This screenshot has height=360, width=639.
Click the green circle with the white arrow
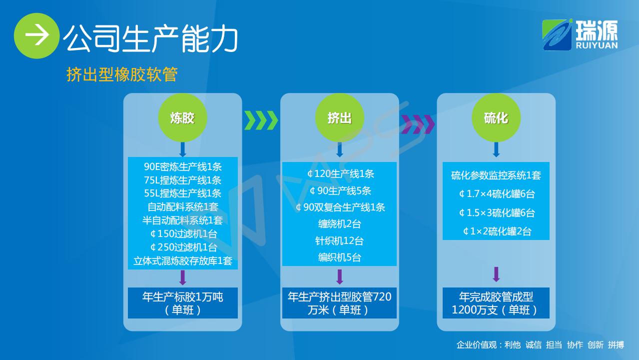pos(36,35)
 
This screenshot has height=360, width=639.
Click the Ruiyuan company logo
pos(580,35)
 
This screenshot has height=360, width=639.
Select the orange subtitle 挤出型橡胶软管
pos(122,74)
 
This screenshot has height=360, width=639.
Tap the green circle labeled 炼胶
pos(182,117)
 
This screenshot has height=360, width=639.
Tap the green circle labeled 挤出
pos(339,117)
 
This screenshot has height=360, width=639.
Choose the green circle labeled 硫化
pos(496,117)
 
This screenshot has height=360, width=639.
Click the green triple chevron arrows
pos(261,120)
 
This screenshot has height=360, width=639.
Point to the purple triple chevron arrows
pos(418,124)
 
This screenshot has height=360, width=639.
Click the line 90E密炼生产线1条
pos(182,166)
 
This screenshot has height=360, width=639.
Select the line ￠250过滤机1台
pos(183,247)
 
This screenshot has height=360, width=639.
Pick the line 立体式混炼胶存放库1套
pos(182,260)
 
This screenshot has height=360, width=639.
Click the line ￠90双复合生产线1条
pos(340,207)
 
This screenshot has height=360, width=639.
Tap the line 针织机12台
pos(339,240)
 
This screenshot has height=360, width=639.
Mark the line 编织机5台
pos(339,257)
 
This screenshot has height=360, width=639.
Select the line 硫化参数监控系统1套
pos(496,175)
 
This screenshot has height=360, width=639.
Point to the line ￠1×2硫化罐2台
pos(497,231)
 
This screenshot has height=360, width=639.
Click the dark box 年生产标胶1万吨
pos(182,303)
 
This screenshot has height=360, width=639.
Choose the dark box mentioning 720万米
pos(339,303)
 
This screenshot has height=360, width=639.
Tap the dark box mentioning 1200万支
pos(496,303)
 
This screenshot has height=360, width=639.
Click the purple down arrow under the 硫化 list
pos(496,274)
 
